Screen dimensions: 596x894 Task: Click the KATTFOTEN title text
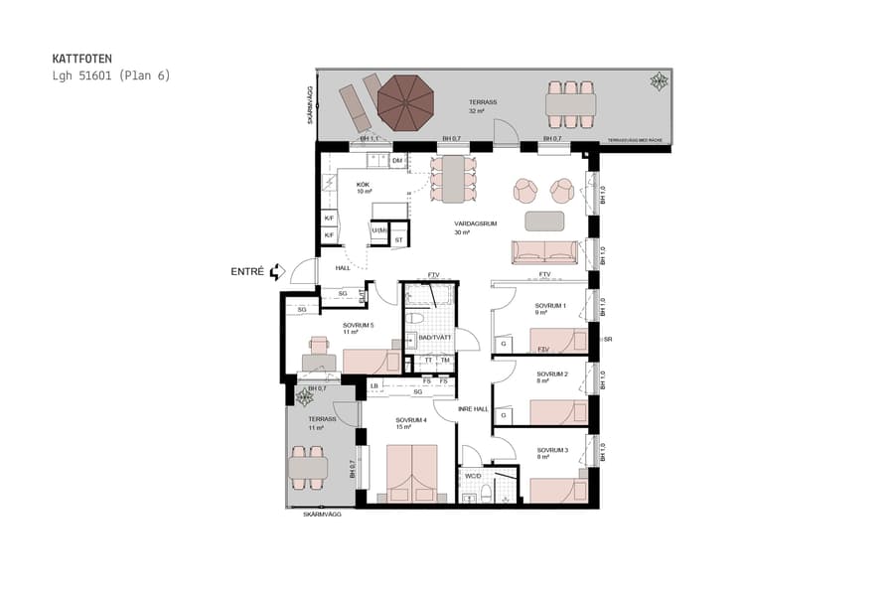click(82, 60)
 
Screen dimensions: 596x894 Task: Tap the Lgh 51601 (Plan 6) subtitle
click(111, 75)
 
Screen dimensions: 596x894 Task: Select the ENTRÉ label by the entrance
click(247, 271)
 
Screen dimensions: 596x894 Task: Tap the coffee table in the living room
click(544, 221)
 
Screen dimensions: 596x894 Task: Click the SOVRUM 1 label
click(550, 306)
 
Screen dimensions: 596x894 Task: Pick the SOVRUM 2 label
click(550, 374)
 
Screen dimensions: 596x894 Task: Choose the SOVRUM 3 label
click(550, 450)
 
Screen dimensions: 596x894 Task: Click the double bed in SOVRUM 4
click(412, 473)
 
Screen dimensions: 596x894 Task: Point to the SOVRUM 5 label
click(358, 325)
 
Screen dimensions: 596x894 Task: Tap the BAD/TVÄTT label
click(435, 338)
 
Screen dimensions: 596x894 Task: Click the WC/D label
click(473, 475)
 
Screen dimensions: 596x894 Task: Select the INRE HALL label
click(473, 409)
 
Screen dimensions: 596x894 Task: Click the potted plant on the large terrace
click(659, 81)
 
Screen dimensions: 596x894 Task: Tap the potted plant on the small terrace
click(305, 397)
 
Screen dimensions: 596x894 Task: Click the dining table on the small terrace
click(308, 465)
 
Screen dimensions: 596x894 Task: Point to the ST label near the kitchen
click(399, 239)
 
